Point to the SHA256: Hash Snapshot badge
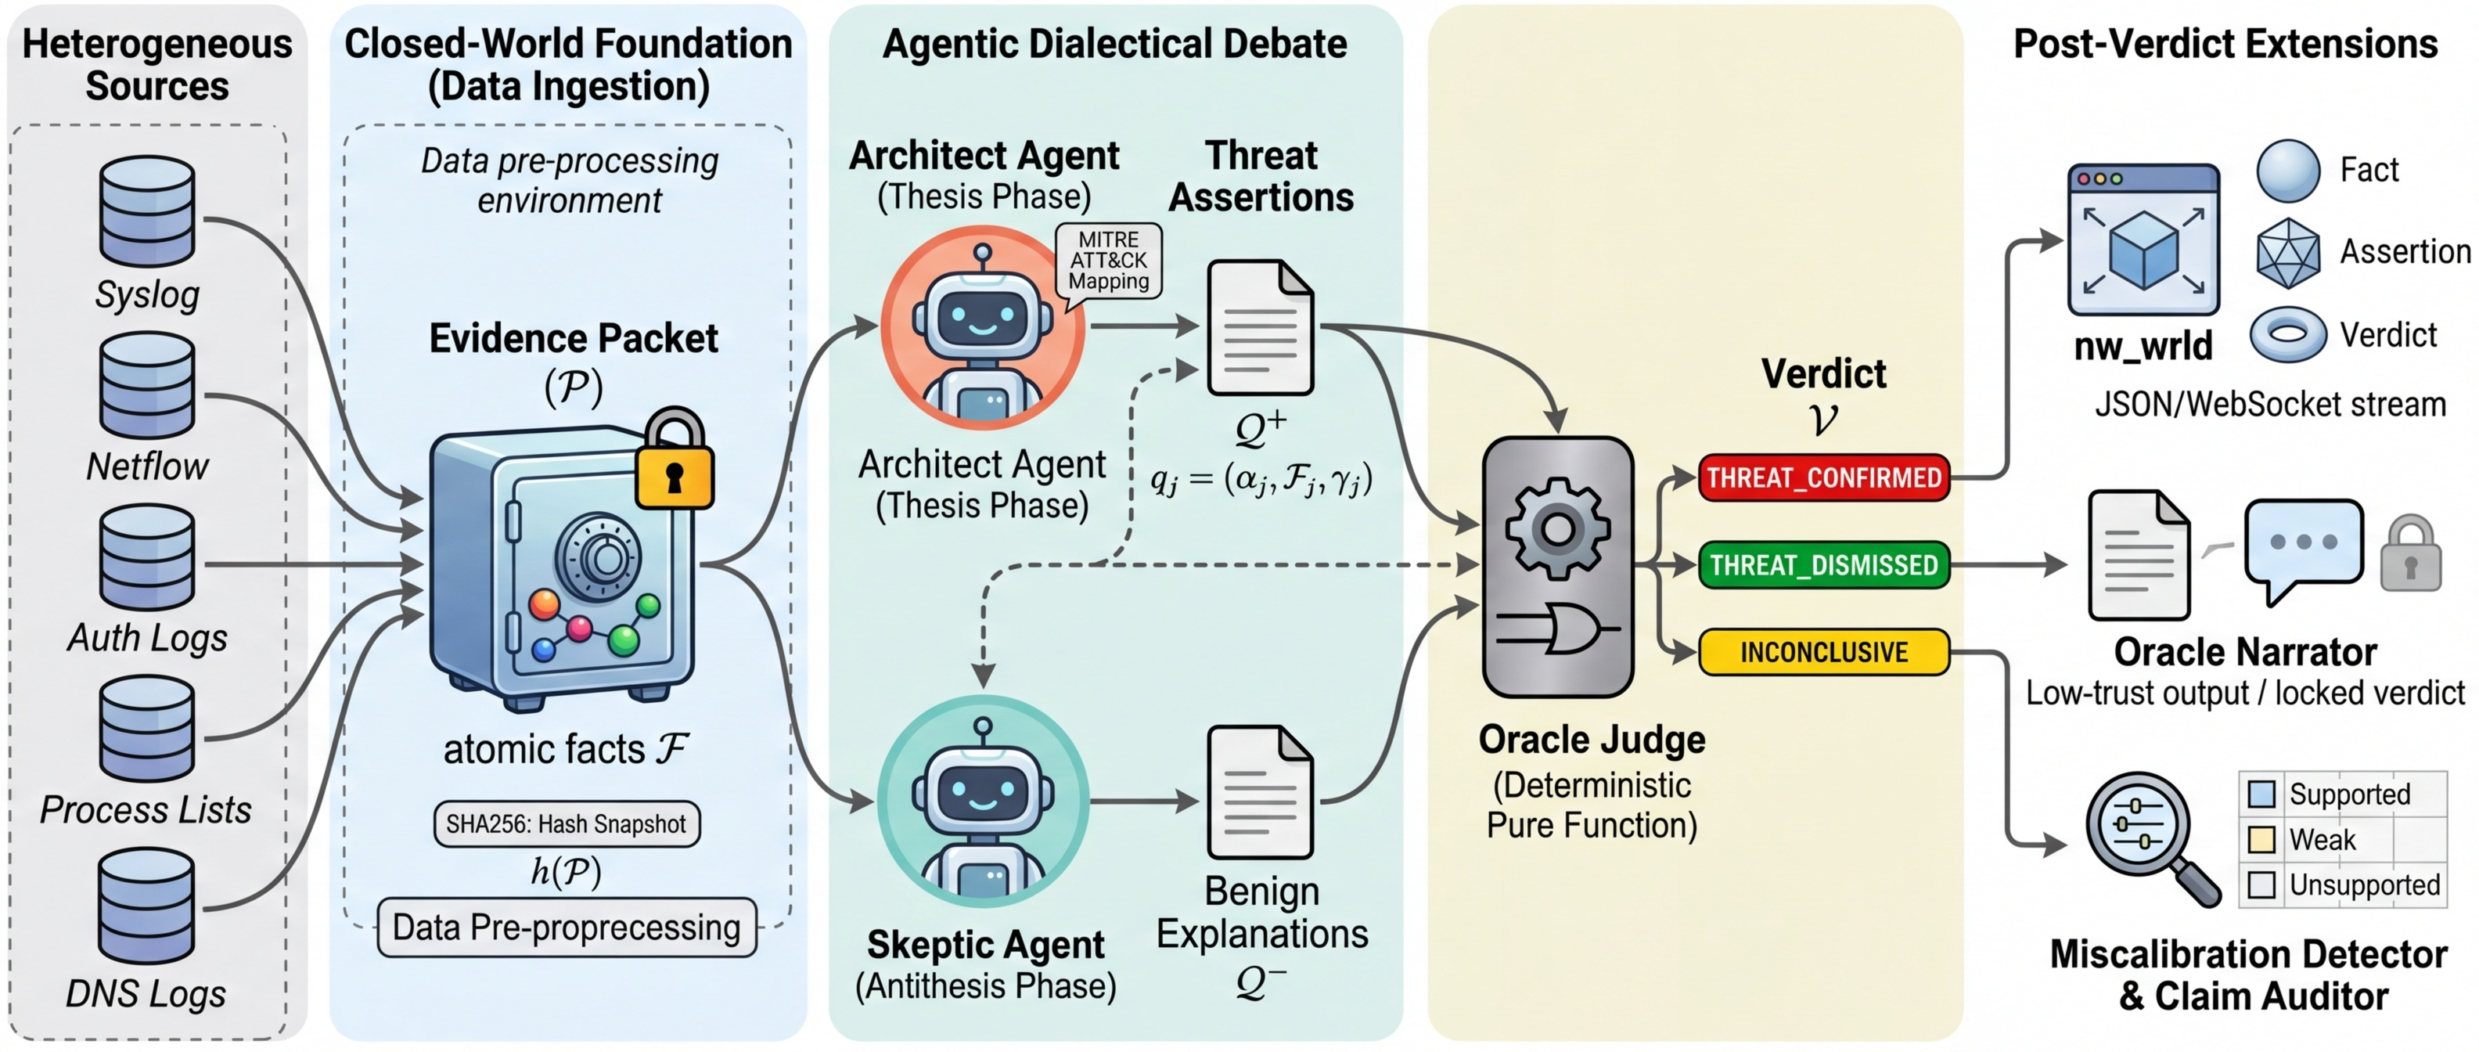coord(566,824)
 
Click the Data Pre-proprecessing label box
coord(566,928)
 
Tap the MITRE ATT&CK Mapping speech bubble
coord(1109,261)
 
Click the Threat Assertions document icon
coord(1260,327)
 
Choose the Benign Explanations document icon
coord(1260,792)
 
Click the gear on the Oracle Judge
coord(1556,528)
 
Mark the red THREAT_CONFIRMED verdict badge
coord(1823,477)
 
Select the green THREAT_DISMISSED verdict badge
coord(1823,565)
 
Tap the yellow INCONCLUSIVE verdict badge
coord(1823,651)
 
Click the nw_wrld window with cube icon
coord(2143,240)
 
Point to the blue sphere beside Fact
coord(2287,171)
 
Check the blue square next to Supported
coord(2261,794)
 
